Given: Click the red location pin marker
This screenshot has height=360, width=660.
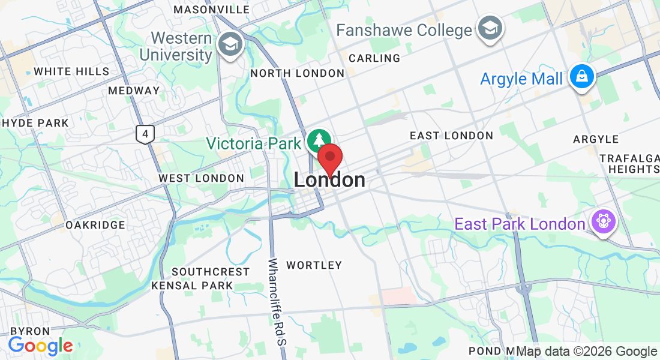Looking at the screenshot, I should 329,158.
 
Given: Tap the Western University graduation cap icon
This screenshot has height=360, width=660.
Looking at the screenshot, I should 229,44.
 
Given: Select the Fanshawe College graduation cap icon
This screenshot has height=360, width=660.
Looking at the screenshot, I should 490,28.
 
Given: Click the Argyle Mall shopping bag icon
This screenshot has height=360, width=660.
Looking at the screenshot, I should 581,77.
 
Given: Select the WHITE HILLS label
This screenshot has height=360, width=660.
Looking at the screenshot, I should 71,71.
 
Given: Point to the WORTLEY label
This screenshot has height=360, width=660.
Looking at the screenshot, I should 314,265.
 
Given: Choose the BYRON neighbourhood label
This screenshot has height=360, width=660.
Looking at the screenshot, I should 29,331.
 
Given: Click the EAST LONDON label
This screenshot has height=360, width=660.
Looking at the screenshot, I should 451,136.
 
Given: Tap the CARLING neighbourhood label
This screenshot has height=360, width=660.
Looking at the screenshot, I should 374,58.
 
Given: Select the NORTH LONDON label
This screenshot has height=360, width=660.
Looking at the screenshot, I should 298,73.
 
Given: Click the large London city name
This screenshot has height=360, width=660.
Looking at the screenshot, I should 329,180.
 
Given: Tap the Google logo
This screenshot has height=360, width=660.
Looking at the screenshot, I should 40,346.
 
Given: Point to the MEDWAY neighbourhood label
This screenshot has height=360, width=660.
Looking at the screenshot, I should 134,91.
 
